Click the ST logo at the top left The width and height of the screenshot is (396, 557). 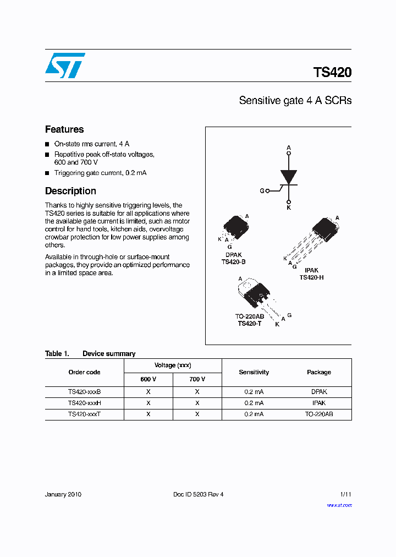coord(65,65)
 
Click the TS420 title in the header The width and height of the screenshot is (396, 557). coord(332,73)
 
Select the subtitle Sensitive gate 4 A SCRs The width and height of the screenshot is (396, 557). coord(295,101)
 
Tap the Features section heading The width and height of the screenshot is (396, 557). coord(64,129)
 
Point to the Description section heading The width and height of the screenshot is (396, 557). coord(70,191)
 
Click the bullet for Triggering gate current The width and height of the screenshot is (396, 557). coord(47,173)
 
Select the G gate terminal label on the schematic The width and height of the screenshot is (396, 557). coord(262,191)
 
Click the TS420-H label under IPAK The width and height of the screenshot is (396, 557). coord(311,277)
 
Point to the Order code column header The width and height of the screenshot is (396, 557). coord(84,372)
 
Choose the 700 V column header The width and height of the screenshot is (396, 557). coord(197,379)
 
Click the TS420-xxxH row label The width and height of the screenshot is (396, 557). coord(84,403)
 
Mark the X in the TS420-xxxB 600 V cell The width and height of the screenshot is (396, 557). coord(148,392)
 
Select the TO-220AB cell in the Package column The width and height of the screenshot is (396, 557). coord(319,414)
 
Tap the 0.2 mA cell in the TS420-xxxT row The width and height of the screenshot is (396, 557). coord(254,414)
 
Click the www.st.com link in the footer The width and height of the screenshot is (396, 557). coord(339,505)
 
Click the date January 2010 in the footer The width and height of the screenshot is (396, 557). coord(63,494)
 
